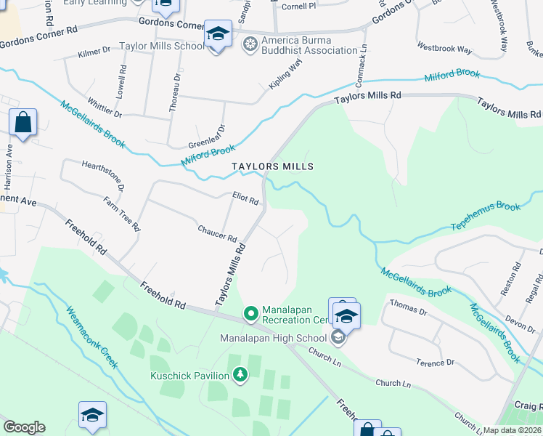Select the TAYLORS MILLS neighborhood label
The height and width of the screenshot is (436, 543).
[x=273, y=166]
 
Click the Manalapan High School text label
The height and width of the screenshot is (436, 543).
[x=274, y=338]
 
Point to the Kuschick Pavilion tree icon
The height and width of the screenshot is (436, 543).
[x=240, y=375]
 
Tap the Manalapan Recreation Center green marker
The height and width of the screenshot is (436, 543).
[x=251, y=314]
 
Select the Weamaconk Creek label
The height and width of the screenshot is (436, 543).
[x=91, y=337]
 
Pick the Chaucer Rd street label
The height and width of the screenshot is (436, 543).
[x=218, y=233]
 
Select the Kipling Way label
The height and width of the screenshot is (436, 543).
[x=285, y=75]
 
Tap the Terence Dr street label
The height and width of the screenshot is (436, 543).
[x=435, y=361]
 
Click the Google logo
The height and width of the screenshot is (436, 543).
[x=24, y=427]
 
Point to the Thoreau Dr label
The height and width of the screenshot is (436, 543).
[x=174, y=96]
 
